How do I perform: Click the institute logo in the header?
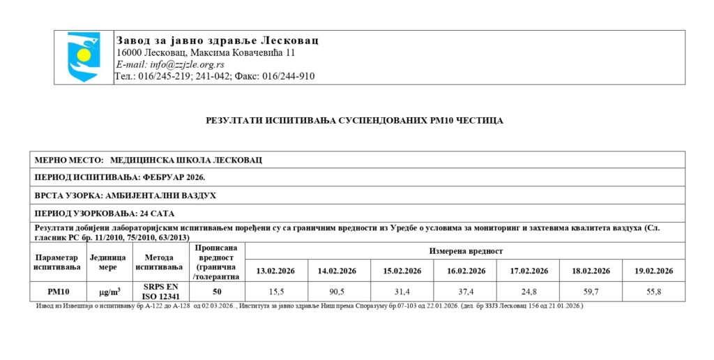(x=84, y=57)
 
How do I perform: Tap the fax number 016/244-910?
(x=288, y=76)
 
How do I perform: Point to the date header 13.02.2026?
(x=277, y=271)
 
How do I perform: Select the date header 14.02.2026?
(x=337, y=271)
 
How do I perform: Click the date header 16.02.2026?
(x=466, y=271)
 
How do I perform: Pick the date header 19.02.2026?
(x=653, y=271)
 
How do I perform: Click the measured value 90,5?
(x=337, y=292)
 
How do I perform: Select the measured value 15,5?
(x=277, y=292)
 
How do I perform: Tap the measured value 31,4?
(x=402, y=292)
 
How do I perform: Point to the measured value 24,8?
(x=529, y=292)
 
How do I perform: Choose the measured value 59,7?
(x=591, y=292)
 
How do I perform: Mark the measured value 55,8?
(x=653, y=292)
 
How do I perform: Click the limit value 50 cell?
(x=217, y=292)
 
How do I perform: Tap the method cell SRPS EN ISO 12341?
(x=161, y=292)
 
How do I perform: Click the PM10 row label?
(x=56, y=292)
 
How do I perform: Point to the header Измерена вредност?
(x=466, y=250)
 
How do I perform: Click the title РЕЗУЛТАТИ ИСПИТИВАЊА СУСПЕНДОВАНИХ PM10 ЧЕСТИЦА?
(x=354, y=121)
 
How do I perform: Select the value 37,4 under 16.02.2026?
(x=466, y=292)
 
